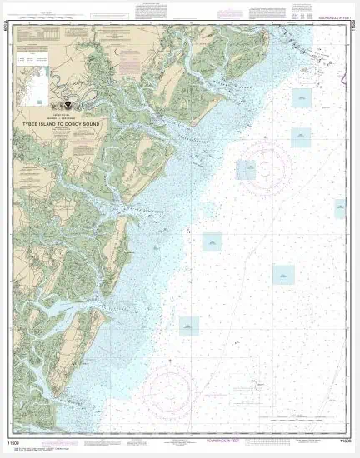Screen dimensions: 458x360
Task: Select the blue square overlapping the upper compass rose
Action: [246, 170]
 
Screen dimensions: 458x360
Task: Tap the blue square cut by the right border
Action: [340, 208]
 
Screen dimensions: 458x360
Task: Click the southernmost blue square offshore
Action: [190, 326]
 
